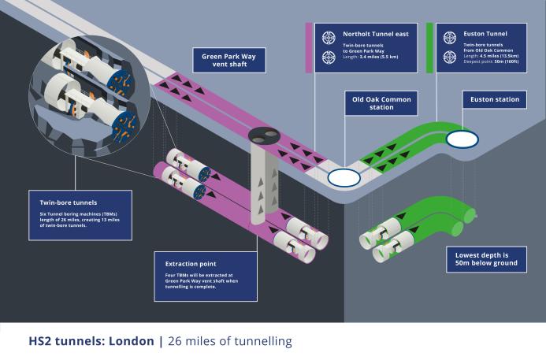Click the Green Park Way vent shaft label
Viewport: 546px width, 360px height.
tap(228, 60)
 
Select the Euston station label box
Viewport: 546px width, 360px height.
tap(494, 100)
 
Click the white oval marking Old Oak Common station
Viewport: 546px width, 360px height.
tap(344, 177)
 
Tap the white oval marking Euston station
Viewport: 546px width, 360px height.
tap(462, 139)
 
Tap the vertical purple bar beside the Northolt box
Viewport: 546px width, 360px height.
tap(309, 47)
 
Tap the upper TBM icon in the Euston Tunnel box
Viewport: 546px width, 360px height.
tap(450, 37)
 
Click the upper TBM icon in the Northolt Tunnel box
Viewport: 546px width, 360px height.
tap(329, 37)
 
